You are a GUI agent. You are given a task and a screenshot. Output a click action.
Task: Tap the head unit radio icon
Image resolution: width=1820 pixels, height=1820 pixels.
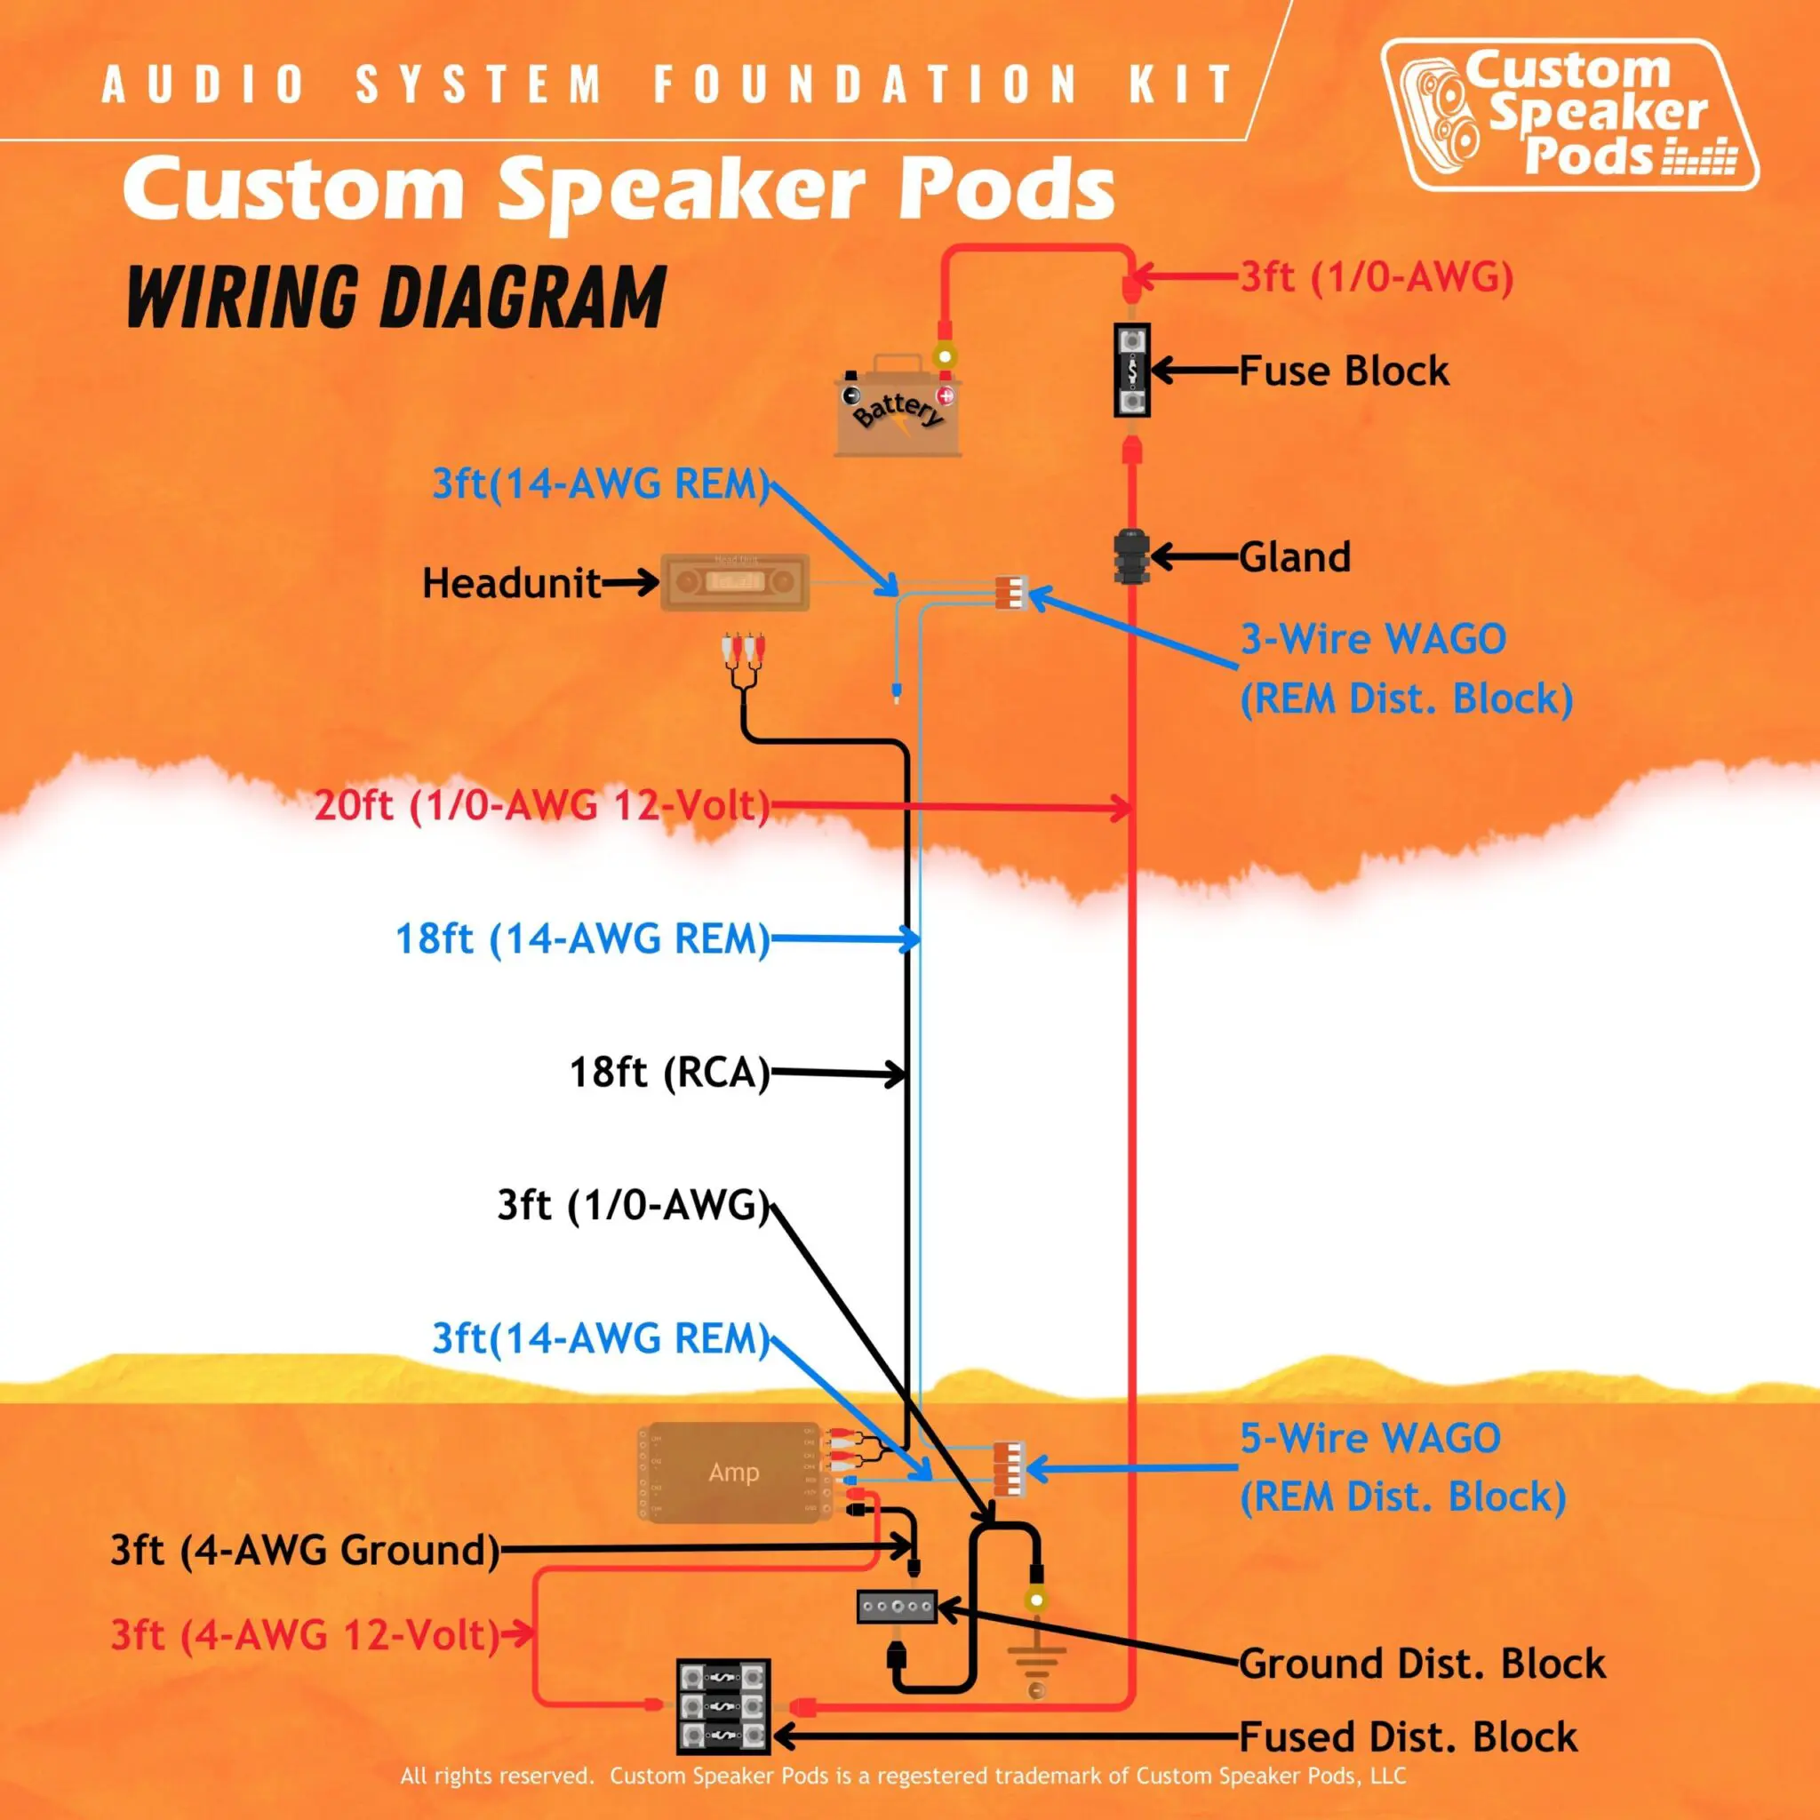pyautogui.click(x=735, y=582)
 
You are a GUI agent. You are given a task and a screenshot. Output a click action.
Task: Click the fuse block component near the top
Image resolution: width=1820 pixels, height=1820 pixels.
pyautogui.click(x=1131, y=371)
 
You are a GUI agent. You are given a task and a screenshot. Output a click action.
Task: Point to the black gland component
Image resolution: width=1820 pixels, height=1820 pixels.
pyautogui.click(x=1129, y=556)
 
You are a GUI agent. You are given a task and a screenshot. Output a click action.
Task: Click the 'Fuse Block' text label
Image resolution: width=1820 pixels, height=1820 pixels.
pyautogui.click(x=1344, y=371)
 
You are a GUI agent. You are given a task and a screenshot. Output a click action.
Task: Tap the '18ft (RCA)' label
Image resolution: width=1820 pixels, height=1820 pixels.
pyautogui.click(x=669, y=1072)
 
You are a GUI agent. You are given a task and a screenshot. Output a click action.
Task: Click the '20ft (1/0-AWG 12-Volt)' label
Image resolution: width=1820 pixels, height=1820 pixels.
pyautogui.click(x=542, y=806)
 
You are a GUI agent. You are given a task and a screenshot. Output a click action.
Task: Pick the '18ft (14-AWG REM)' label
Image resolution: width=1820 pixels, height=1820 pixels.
pyautogui.click(x=582, y=939)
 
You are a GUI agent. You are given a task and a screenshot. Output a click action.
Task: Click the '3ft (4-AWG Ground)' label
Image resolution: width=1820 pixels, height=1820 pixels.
pyautogui.click(x=304, y=1550)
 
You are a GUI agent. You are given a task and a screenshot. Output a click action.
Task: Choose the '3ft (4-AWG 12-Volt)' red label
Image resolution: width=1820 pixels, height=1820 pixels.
pyautogui.click(x=304, y=1634)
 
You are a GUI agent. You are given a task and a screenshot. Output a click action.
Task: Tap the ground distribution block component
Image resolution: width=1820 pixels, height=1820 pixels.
pyautogui.click(x=896, y=1606)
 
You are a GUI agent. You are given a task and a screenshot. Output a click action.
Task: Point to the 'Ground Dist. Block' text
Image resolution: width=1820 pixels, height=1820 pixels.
pyautogui.click(x=1422, y=1664)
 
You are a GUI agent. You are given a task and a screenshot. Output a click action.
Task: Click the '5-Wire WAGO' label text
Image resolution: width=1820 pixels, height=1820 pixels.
pyautogui.click(x=1369, y=1439)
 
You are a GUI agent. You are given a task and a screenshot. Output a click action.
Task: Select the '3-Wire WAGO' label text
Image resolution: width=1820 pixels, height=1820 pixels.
pyautogui.click(x=1372, y=640)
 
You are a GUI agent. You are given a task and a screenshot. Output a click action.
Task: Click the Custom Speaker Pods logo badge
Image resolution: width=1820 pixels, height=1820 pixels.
pyautogui.click(x=1569, y=115)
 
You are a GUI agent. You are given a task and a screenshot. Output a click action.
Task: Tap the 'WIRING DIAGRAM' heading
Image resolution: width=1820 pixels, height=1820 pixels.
pyautogui.click(x=395, y=297)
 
